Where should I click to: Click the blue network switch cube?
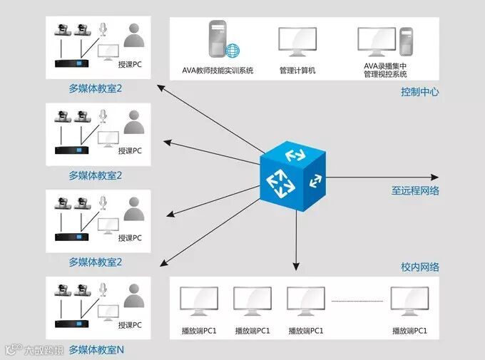pyautogui.click(x=292, y=175)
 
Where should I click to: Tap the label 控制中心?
pyautogui.click(x=419, y=92)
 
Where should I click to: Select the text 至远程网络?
pyautogui.click(x=414, y=191)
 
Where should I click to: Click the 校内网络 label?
pyautogui.click(x=419, y=267)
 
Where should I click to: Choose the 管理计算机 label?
pyautogui.click(x=297, y=71)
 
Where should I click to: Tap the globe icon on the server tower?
pyautogui.click(x=233, y=51)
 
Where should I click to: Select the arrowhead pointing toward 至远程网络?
pyautogui.click(x=434, y=177)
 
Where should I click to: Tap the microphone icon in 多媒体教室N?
pyautogui.click(x=103, y=289)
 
